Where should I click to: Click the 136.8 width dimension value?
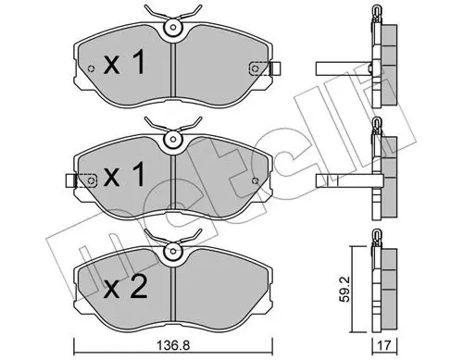click(x=173, y=345)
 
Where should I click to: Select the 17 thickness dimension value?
click(x=384, y=345)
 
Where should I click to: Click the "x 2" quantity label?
click(x=125, y=288)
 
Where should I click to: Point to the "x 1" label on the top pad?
click(x=124, y=63)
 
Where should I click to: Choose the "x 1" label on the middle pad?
click(x=124, y=175)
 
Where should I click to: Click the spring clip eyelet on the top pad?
click(x=173, y=28)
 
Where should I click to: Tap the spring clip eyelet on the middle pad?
click(x=173, y=139)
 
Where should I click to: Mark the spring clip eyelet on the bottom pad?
click(x=173, y=252)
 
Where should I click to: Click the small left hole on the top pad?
click(x=91, y=68)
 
